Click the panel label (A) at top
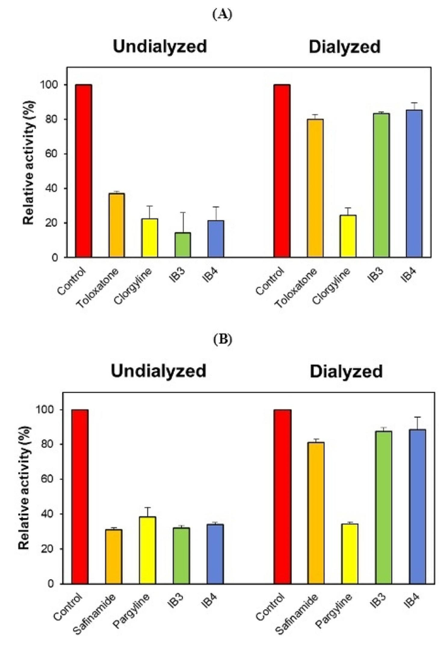(224, 14)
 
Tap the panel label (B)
(224, 339)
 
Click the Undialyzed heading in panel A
(160, 47)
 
